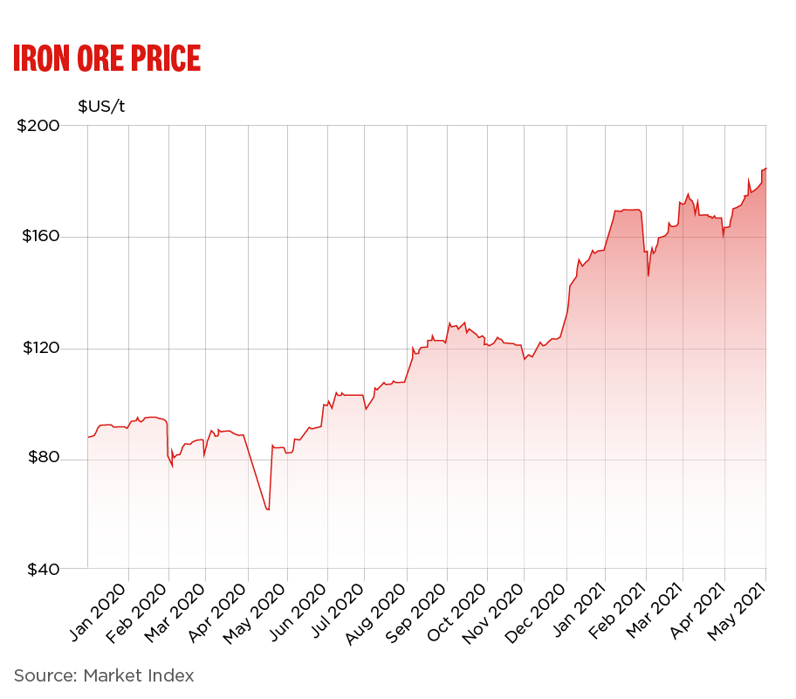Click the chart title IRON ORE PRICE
coord(106,58)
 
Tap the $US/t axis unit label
coord(101,107)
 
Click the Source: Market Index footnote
coord(104,675)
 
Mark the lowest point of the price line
coord(268,509)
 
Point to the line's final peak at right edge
coord(765,168)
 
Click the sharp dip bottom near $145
coord(648,276)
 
